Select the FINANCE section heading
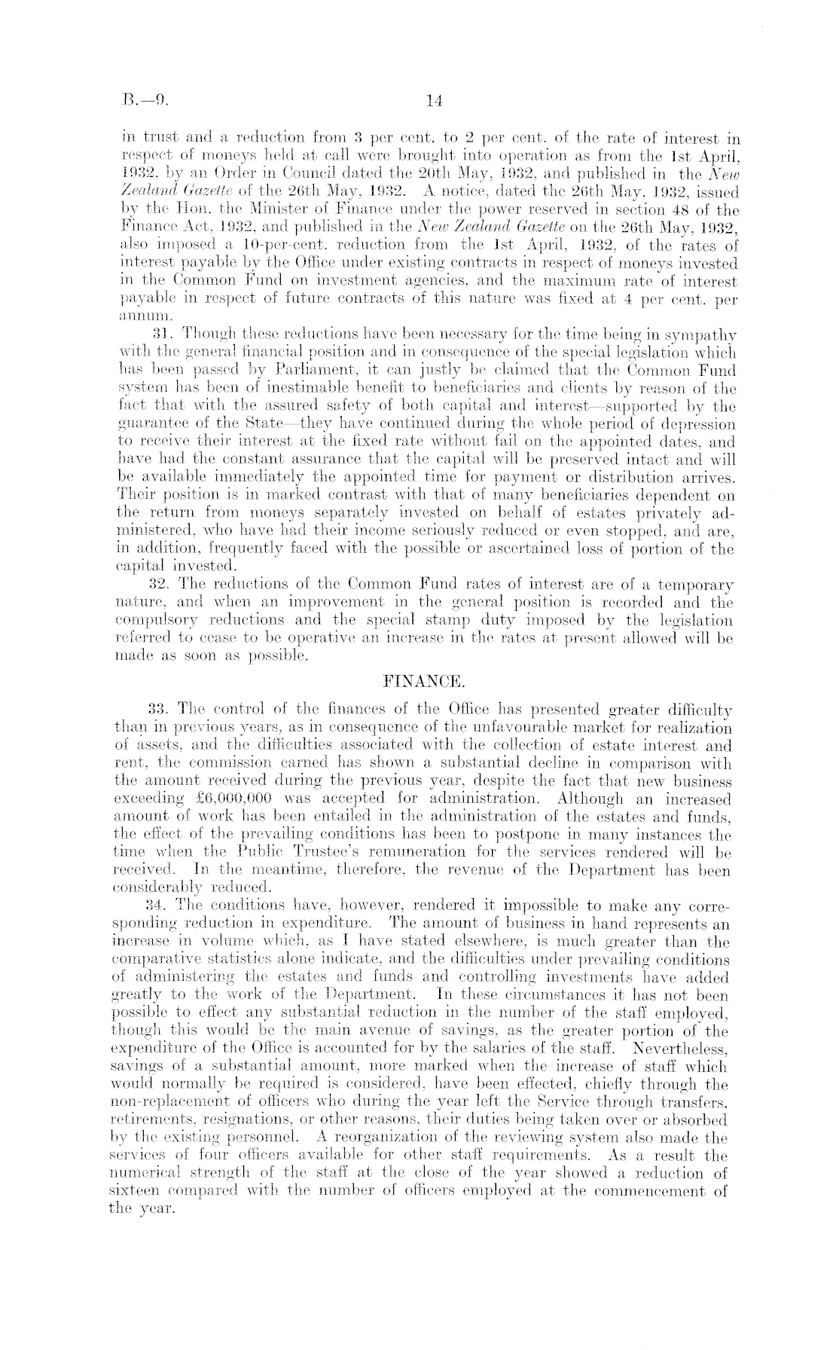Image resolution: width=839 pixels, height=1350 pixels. [418, 683]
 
